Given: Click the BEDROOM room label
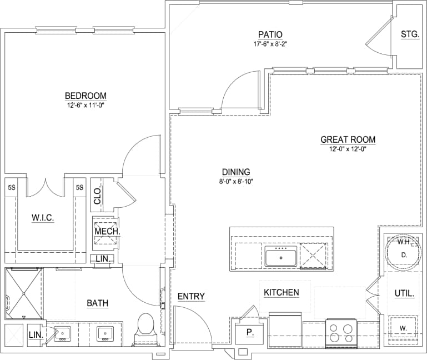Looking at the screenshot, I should click(x=85, y=96).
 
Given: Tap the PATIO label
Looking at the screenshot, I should click(x=270, y=34).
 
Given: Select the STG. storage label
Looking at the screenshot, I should click(x=410, y=34).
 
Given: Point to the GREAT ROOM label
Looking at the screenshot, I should click(x=348, y=139).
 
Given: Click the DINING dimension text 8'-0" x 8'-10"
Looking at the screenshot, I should click(x=236, y=181).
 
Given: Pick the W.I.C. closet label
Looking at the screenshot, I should click(x=42, y=218).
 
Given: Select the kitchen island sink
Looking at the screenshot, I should click(x=280, y=258).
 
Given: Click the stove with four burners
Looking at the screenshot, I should click(x=340, y=333).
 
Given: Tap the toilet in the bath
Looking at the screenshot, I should click(x=145, y=328).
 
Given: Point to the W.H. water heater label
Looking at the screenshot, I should click(x=403, y=242).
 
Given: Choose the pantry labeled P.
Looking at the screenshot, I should click(x=249, y=333).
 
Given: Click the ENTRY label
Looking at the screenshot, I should click(x=191, y=297).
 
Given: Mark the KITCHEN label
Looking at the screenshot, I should click(x=281, y=292).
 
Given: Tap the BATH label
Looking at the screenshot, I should click(x=97, y=303).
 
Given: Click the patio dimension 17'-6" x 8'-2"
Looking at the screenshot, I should click(x=270, y=44).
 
